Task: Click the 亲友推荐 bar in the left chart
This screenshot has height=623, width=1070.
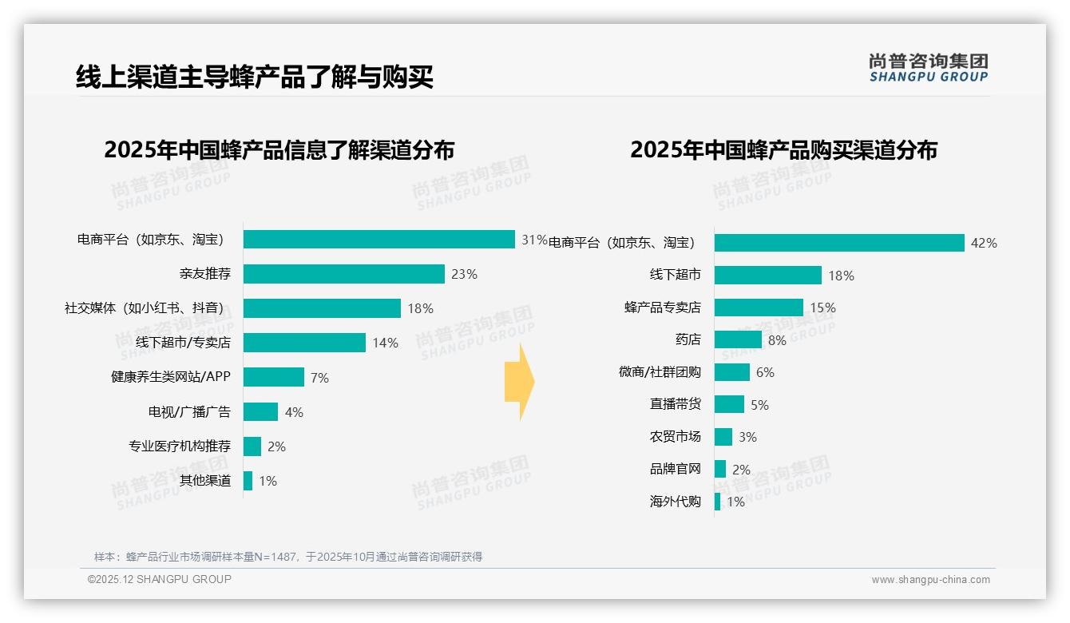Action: (x=343, y=274)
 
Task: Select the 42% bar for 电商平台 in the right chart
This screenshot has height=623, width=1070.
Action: (x=838, y=243)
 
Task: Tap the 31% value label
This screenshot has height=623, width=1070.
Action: (x=534, y=240)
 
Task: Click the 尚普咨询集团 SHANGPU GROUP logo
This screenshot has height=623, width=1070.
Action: (x=928, y=68)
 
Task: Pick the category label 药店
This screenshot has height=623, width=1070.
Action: (x=688, y=339)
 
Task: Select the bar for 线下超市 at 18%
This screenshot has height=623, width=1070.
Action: (x=767, y=276)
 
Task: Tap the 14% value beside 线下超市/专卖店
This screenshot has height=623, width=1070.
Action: (x=385, y=343)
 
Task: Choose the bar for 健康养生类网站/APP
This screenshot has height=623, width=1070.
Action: (x=273, y=377)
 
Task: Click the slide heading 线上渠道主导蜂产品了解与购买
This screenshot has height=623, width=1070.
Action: (x=255, y=77)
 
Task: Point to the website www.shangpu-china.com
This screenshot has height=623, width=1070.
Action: (x=930, y=580)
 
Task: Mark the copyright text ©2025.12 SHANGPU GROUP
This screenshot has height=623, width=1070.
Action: (x=160, y=579)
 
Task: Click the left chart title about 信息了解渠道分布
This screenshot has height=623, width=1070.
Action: (x=279, y=150)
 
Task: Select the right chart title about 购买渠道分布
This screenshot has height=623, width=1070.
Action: (x=783, y=150)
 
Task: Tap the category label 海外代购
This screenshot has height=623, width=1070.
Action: (x=675, y=502)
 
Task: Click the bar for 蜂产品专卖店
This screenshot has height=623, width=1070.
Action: (x=759, y=308)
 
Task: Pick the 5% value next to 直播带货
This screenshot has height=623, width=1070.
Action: (x=759, y=405)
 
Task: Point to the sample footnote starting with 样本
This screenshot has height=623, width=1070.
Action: (x=288, y=557)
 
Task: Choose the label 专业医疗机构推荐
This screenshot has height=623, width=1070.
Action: (x=180, y=446)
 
